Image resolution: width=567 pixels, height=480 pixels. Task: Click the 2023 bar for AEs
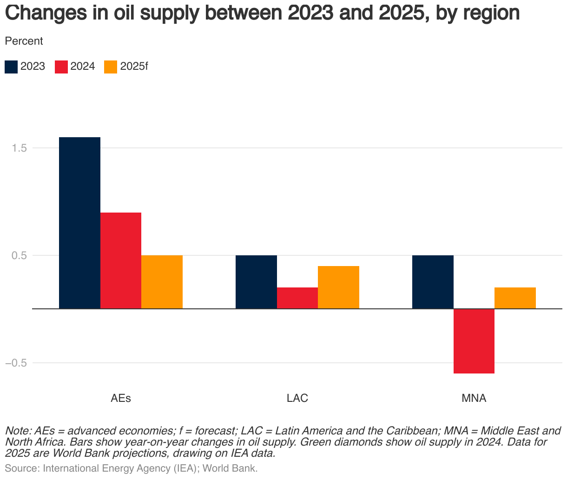pyautogui.click(x=80, y=223)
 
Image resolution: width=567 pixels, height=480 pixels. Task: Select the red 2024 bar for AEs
pyautogui.click(x=121, y=260)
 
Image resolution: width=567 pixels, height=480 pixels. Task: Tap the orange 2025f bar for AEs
pyautogui.click(x=162, y=282)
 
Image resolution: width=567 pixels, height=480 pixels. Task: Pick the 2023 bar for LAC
pyautogui.click(x=256, y=282)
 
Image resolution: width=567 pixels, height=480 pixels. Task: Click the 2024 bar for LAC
pyautogui.click(x=297, y=298)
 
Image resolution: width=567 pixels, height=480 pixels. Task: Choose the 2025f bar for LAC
pyautogui.click(x=338, y=287)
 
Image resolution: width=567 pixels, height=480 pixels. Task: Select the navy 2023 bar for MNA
pyautogui.click(x=433, y=282)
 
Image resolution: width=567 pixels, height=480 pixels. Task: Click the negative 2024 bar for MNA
pyautogui.click(x=474, y=341)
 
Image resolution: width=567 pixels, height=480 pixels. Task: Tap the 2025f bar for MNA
pyautogui.click(x=515, y=298)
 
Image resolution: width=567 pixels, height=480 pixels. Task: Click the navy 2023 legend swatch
pyautogui.click(x=11, y=67)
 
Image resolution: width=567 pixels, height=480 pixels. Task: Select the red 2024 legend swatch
pyautogui.click(x=61, y=67)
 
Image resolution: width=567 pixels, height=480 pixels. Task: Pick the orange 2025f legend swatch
pyautogui.click(x=111, y=67)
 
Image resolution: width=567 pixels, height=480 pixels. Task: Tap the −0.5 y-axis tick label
pyautogui.click(x=18, y=363)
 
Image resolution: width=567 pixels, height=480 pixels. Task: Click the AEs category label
pyautogui.click(x=121, y=399)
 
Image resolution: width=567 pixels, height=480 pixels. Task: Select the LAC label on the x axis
pyautogui.click(x=297, y=399)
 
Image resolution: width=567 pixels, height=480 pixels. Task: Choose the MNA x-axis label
pyautogui.click(x=474, y=399)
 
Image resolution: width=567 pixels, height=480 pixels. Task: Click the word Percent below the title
pyautogui.click(x=24, y=41)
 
